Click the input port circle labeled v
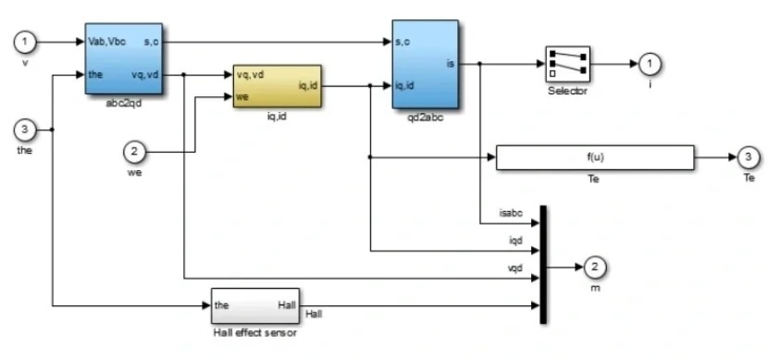pyautogui.click(x=25, y=43)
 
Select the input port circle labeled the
pyautogui.click(x=25, y=130)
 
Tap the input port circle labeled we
pyautogui.click(x=134, y=153)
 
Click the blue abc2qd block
pyautogui.click(x=124, y=58)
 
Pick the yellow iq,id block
pyautogui.click(x=277, y=86)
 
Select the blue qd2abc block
pyautogui.click(x=425, y=64)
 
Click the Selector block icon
pyautogui.click(x=567, y=64)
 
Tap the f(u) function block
pyautogui.click(x=595, y=157)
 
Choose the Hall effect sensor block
pyautogui.click(x=255, y=305)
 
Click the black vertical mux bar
pyautogui.click(x=543, y=265)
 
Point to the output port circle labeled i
pyautogui.click(x=650, y=64)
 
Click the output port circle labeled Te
pyautogui.click(x=748, y=157)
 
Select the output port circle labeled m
pyautogui.click(x=595, y=267)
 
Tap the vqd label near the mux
pyautogui.click(x=515, y=267)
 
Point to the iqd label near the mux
pyautogui.click(x=515, y=241)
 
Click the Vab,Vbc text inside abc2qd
pyautogui.click(x=107, y=42)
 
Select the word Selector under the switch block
pyautogui.click(x=567, y=91)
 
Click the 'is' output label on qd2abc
pyautogui.click(x=451, y=63)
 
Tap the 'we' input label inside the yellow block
pyautogui.click(x=242, y=96)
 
